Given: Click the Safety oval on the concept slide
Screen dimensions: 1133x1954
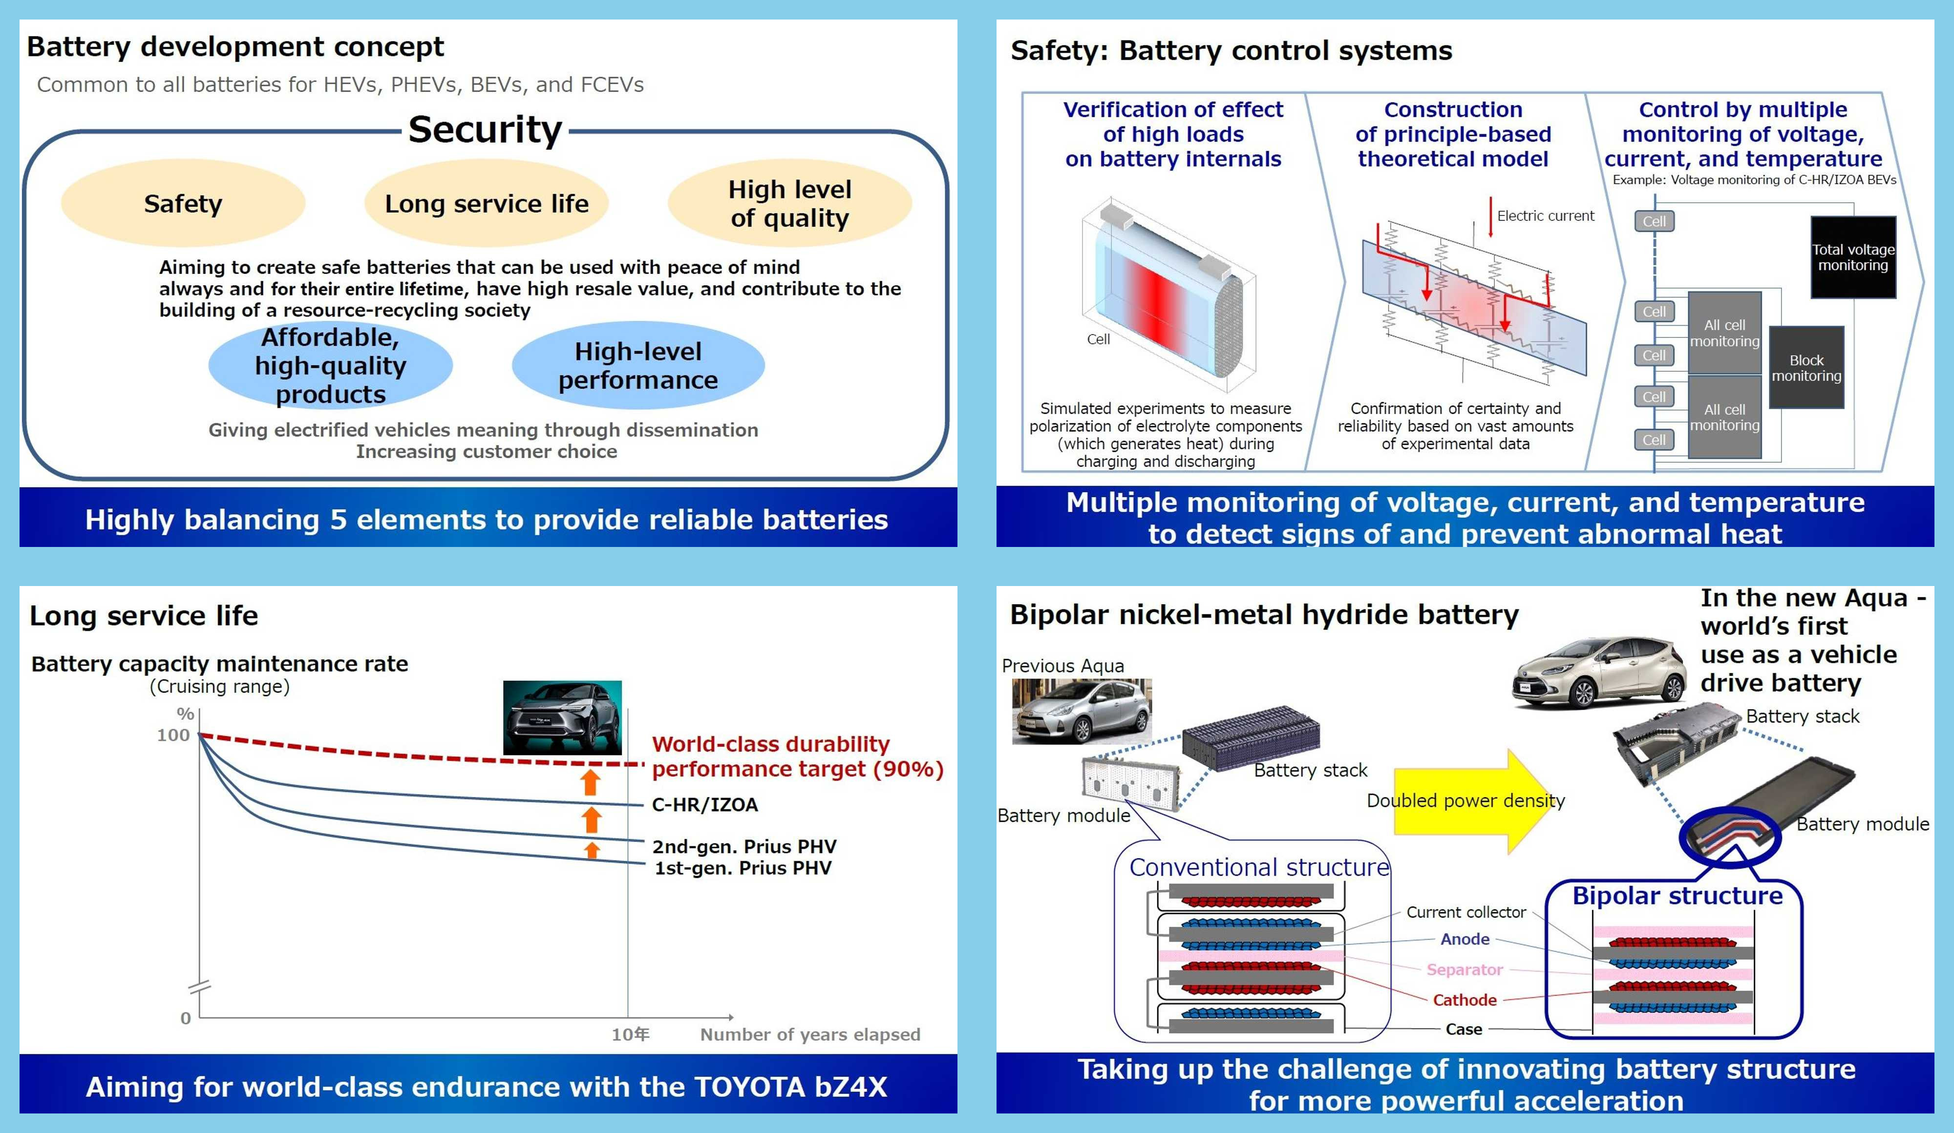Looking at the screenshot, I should pos(183,204).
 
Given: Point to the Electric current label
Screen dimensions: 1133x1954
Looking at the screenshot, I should pos(1545,216).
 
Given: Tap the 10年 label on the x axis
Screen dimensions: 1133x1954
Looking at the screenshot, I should pos(630,1034).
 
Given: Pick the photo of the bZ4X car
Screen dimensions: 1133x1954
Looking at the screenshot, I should pos(562,717).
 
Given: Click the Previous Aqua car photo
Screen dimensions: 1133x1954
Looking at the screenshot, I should pos(1081,712).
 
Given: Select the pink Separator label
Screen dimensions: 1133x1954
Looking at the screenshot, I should pos(1464,969).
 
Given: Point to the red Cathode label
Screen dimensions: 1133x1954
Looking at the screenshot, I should pos(1464,1000).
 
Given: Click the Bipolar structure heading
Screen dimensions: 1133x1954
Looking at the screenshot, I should pos(1677,896).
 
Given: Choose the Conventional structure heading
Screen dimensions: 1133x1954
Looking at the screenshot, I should pos(1258,867).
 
